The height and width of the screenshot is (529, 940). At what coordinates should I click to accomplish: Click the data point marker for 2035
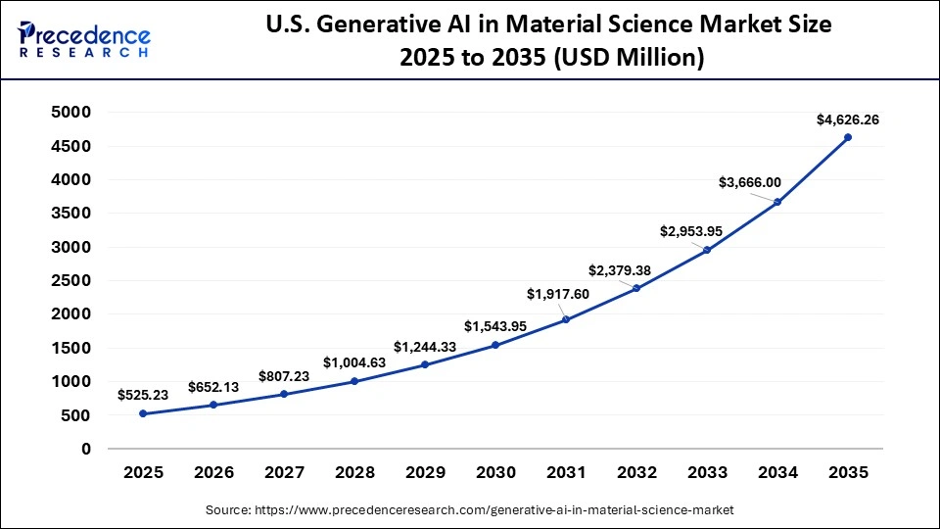[x=848, y=137]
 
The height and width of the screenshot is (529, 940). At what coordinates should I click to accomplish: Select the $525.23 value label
[x=143, y=395]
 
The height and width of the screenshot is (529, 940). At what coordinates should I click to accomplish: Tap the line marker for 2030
[x=495, y=345]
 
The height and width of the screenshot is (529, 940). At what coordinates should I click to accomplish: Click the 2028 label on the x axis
[x=354, y=472]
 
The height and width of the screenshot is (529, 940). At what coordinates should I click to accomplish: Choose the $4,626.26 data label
[x=848, y=120]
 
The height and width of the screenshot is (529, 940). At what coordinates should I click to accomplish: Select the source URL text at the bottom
[x=469, y=510]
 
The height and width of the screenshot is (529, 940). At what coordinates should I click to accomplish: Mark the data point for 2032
[x=636, y=288]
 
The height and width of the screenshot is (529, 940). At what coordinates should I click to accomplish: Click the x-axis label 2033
[x=707, y=472]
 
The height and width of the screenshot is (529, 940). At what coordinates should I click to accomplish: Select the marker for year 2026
[x=213, y=405]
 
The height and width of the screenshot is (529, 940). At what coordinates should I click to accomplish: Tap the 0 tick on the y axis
[x=86, y=449]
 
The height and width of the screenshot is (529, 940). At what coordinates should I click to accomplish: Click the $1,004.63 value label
[x=354, y=362]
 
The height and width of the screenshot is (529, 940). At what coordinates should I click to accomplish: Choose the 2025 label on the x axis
[x=143, y=472]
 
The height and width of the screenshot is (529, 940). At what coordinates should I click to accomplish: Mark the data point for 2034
[x=777, y=202]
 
